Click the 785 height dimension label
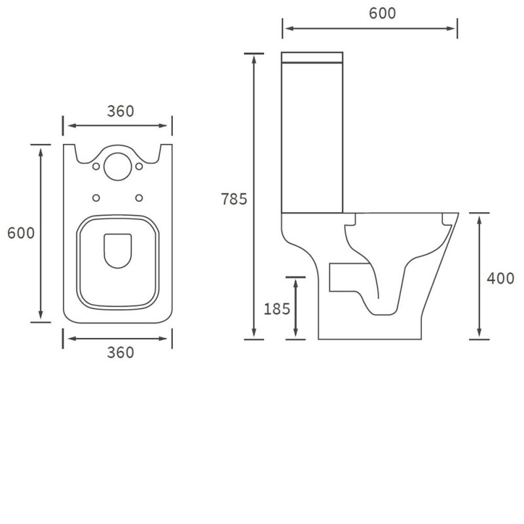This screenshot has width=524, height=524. pos(234,200)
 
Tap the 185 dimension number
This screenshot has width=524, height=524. pos(276,309)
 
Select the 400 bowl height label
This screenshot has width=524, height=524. pos(500,278)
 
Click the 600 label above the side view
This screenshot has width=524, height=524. pos(383,13)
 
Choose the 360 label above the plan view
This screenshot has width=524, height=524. pos(120,111)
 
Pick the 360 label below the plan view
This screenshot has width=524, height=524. pos(120,352)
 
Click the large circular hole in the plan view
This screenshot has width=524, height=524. pos(118,165)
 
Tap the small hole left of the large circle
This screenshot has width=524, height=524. pos(96,167)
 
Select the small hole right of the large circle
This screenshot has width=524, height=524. pos(140,167)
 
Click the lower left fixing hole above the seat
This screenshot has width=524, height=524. pos(97,197)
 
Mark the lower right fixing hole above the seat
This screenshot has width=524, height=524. pos(139,197)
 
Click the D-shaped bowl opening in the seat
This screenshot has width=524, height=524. pos(118,251)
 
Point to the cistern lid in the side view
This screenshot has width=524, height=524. pos(312,56)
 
